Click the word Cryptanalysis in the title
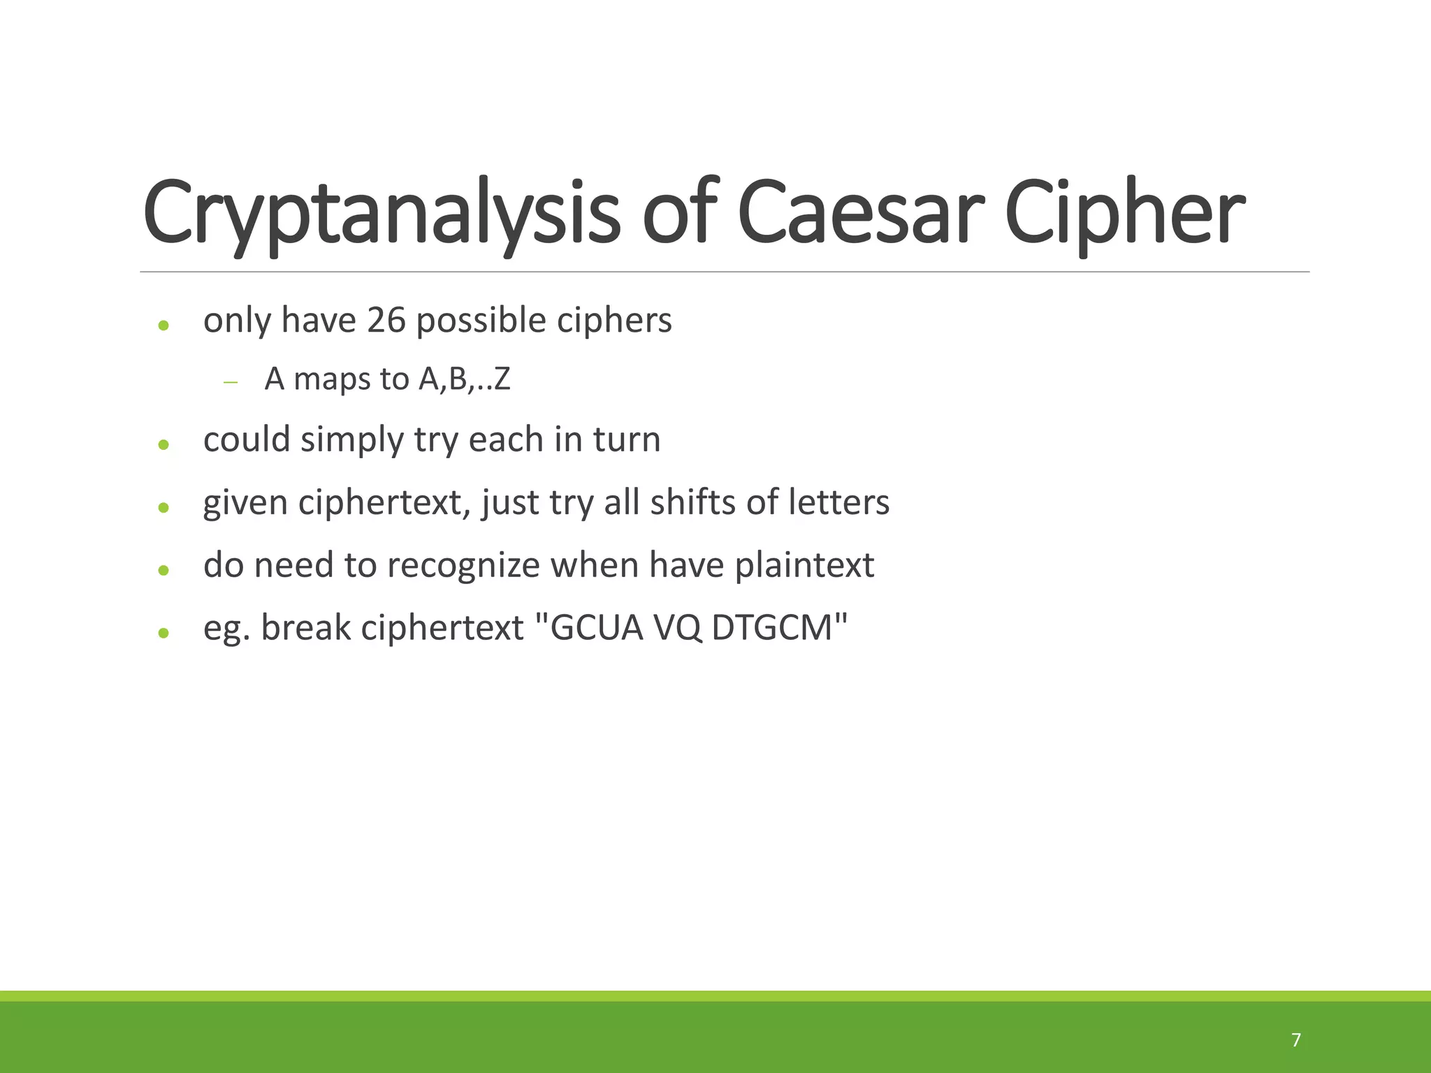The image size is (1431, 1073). coord(381,213)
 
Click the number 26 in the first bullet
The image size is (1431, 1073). coord(386,321)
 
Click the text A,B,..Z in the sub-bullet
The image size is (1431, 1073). coord(465,379)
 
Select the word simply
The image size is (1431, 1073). coord(352,441)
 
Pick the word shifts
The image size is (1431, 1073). coord(692,502)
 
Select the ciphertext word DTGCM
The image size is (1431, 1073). coord(772,627)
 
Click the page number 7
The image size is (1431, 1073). coord(1296,1040)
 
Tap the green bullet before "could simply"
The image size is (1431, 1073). coord(164,444)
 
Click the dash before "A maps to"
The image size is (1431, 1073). coord(231,382)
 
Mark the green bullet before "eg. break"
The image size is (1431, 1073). coord(164,633)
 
